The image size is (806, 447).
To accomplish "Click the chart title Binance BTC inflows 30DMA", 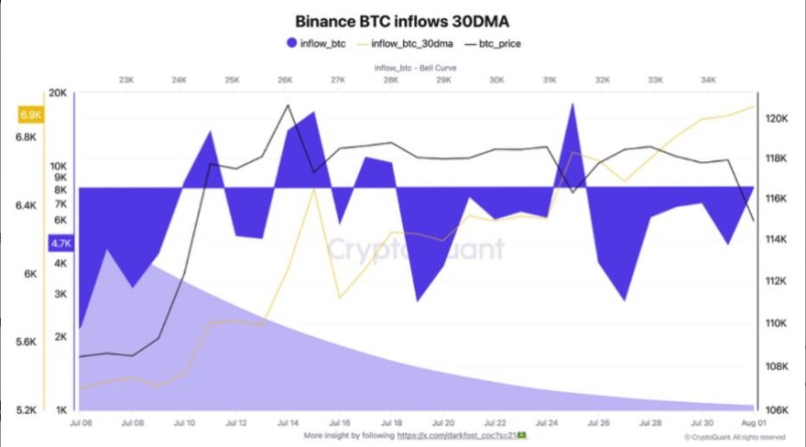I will point(402,20).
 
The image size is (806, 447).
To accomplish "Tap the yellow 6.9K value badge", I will point(31,115).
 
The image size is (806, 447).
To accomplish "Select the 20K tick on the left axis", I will point(58,93).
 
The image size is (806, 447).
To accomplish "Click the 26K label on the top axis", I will point(285,81).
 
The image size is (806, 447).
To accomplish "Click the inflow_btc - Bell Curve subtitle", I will point(410,67).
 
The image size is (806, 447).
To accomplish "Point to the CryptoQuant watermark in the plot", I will point(414,248).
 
